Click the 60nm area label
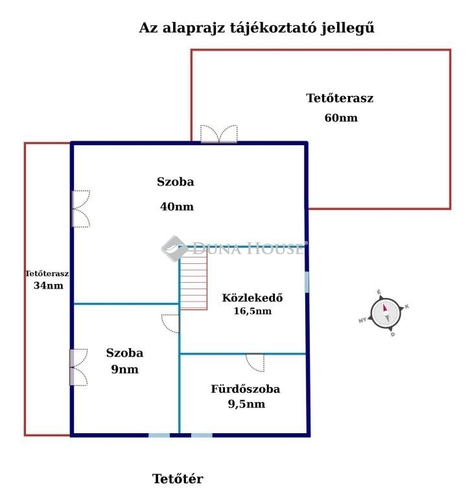click(341, 118)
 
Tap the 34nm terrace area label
click(49, 285)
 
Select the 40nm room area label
click(177, 206)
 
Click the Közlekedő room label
click(252, 298)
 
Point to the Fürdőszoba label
click(246, 389)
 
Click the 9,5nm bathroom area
click(246, 404)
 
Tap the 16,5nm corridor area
click(253, 311)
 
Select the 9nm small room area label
click(125, 370)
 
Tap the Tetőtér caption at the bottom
click(178, 479)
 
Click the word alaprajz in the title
click(193, 28)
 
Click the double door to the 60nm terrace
click(219, 135)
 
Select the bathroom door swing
click(255, 362)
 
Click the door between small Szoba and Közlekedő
click(171, 324)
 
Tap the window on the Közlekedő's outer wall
click(307, 282)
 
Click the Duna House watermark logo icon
click(174, 249)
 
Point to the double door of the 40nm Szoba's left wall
click(81, 209)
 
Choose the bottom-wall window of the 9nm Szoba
click(159, 435)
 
